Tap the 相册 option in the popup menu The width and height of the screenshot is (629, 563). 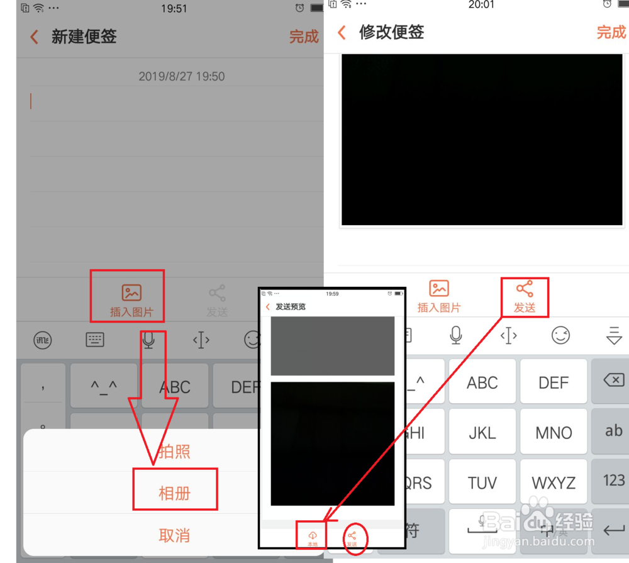pos(174,493)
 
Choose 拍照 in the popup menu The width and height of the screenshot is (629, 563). pos(174,452)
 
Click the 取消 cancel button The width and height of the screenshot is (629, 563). pos(174,535)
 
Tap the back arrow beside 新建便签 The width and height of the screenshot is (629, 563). pos(35,37)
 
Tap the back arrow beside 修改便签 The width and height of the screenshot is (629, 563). pos(342,33)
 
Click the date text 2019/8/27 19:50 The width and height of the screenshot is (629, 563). pos(181,77)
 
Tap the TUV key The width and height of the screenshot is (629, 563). pos(482,482)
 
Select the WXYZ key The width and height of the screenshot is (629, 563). pos(554,482)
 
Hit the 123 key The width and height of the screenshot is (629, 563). pos(613,481)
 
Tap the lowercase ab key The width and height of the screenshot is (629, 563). pos(613,431)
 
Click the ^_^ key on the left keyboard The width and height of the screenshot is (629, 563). pos(104,386)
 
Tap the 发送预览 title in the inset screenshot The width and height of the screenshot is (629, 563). pos(290,307)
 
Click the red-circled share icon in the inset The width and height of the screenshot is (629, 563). pos(352,538)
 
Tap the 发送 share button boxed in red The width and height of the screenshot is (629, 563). pos(525,297)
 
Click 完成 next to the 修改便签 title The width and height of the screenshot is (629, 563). pos(611,33)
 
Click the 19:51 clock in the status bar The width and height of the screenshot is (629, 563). pos(174,9)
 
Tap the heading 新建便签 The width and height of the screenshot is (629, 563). pos(84,37)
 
